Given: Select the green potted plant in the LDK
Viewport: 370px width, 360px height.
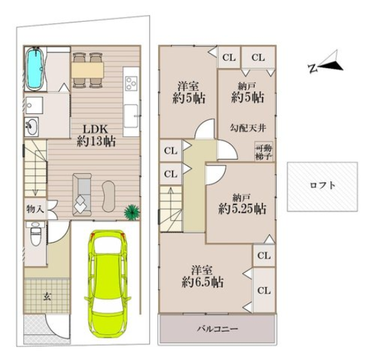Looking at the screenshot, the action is click(132, 212).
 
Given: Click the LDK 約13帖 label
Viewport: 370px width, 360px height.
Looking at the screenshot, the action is click(96, 136).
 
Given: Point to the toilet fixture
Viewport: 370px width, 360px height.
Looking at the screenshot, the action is click(36, 233).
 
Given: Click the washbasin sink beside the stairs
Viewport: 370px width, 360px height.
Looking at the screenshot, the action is click(31, 127).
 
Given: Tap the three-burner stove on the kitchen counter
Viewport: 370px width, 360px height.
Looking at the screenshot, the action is click(132, 83).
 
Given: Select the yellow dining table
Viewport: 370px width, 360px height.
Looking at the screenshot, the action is click(88, 70).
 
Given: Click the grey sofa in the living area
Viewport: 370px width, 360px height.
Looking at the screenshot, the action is click(82, 194).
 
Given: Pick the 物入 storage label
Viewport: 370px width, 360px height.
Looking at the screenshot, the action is click(35, 209).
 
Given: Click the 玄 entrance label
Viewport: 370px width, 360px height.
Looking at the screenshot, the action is click(47, 297).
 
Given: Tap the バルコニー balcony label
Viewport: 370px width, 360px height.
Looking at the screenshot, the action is click(217, 329).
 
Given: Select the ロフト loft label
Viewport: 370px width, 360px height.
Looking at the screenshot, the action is click(322, 185).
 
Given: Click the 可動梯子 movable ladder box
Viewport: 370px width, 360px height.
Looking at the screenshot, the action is click(264, 151).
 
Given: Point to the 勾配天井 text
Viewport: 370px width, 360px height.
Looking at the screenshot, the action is click(248, 128).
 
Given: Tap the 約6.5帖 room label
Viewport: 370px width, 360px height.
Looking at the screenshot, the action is click(202, 282).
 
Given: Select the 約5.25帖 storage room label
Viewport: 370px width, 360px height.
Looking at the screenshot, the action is click(242, 209).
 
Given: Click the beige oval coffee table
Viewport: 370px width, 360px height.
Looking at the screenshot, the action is click(108, 196).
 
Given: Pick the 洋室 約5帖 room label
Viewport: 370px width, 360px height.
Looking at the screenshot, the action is click(189, 92).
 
